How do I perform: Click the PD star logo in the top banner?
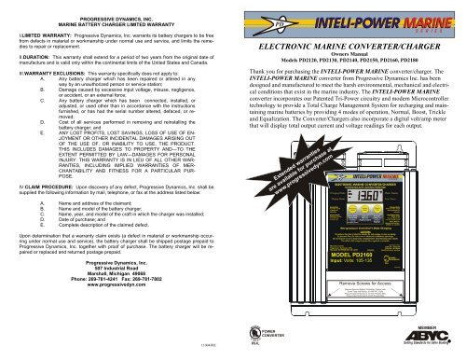tap(267, 17)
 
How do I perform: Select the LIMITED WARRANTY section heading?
tap(34, 37)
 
